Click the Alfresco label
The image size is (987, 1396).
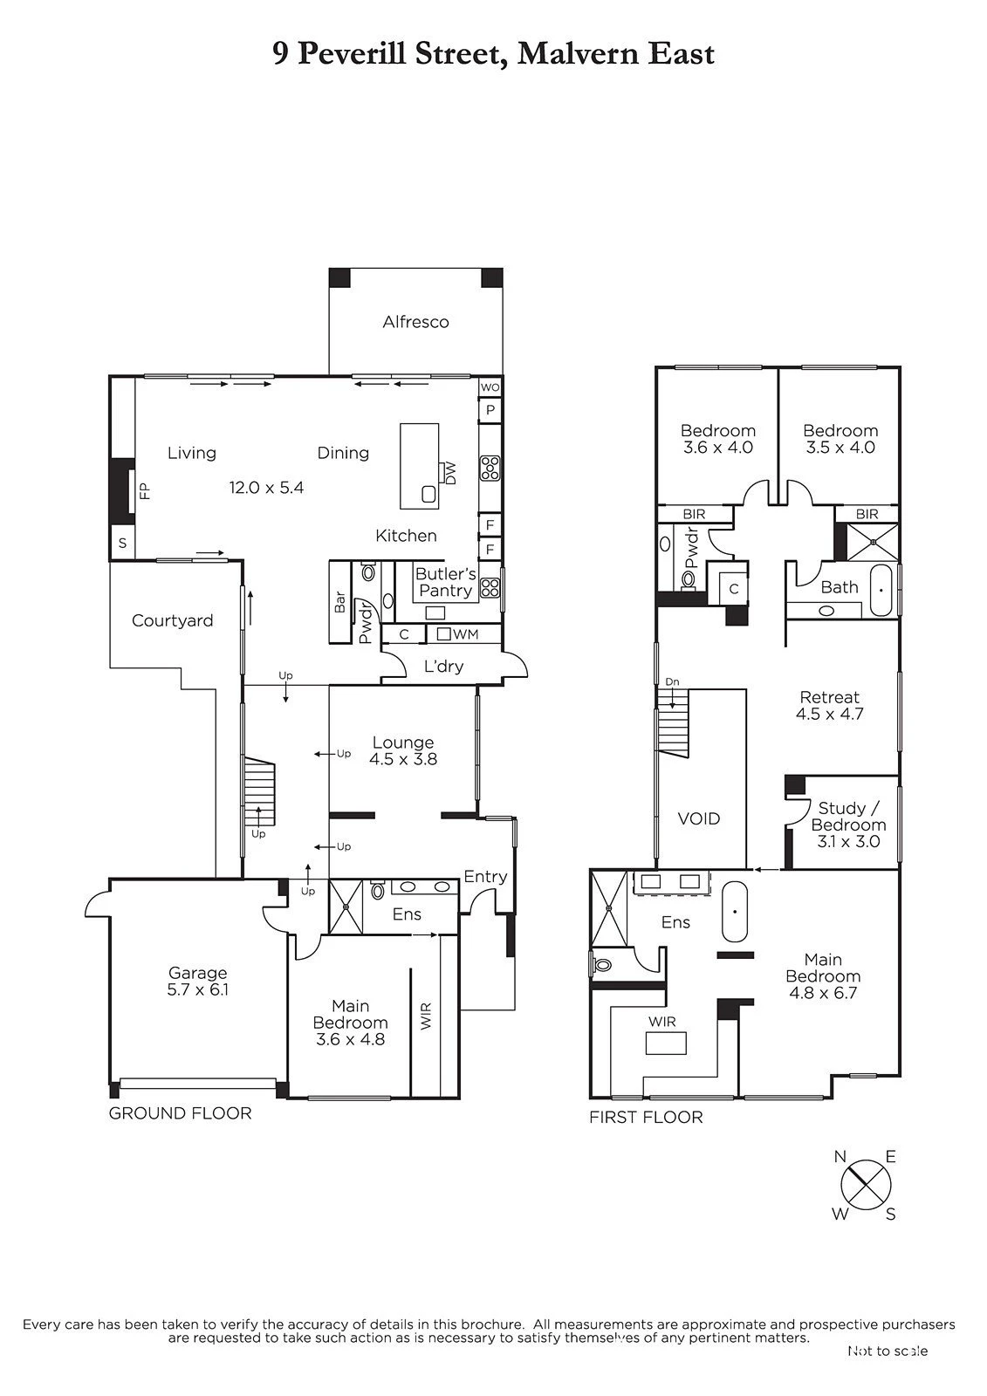click(415, 322)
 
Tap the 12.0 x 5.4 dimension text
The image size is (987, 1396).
click(266, 488)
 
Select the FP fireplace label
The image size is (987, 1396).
click(145, 491)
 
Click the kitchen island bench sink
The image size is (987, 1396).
click(429, 495)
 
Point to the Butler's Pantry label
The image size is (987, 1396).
click(446, 582)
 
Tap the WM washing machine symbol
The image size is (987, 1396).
click(444, 633)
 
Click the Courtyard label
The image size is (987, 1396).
click(172, 620)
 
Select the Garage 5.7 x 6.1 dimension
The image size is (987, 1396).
click(197, 989)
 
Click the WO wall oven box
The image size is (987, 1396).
click(490, 387)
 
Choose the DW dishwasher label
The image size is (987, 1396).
click(451, 473)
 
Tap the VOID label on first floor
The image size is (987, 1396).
click(699, 819)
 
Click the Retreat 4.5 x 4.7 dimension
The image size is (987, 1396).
click(830, 715)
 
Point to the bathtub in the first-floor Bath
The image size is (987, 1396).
click(881, 590)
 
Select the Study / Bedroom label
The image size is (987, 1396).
click(848, 817)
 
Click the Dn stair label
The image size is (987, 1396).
click(671, 681)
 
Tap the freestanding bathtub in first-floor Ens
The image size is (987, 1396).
click(735, 912)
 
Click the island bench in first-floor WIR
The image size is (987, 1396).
click(666, 1043)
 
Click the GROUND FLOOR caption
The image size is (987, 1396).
click(180, 1113)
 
